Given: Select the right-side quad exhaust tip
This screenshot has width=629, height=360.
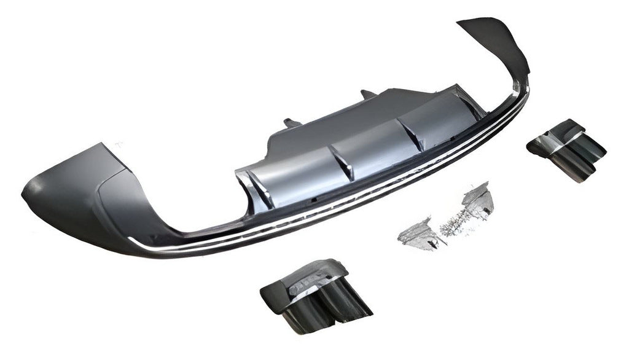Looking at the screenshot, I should pos(566,149).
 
